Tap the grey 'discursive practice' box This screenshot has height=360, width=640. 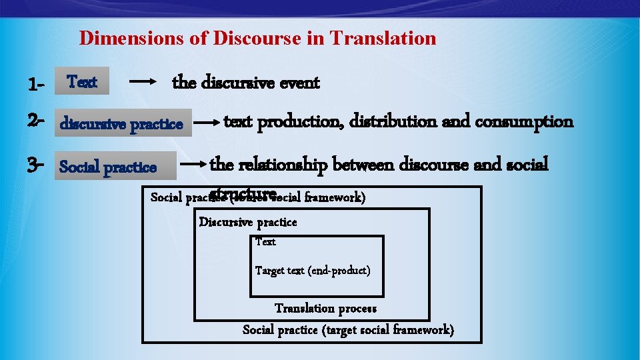(123, 123)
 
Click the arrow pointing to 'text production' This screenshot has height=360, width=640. (208, 123)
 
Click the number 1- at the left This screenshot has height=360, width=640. (36, 85)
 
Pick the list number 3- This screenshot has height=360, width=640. (36, 164)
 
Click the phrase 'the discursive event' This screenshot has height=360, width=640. (246, 83)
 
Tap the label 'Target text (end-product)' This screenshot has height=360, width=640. (313, 270)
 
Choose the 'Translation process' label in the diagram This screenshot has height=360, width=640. (325, 308)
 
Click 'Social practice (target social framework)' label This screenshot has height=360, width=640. (348, 329)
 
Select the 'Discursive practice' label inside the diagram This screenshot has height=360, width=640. (248, 222)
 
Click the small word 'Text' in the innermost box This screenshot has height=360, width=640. (265, 241)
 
